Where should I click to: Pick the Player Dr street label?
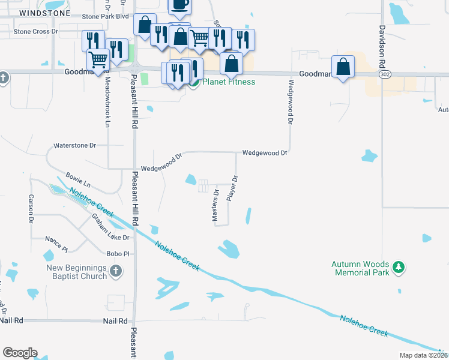click(x=233, y=188)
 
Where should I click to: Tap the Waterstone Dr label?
click(x=75, y=145)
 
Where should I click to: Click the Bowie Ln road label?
click(x=78, y=180)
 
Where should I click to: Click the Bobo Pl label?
click(x=118, y=254)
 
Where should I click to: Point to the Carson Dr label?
click(x=31, y=209)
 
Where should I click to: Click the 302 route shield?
click(x=385, y=73)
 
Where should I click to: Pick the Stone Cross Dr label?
click(x=35, y=31)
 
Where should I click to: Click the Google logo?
click(x=20, y=353)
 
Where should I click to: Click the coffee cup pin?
click(x=179, y=5)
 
